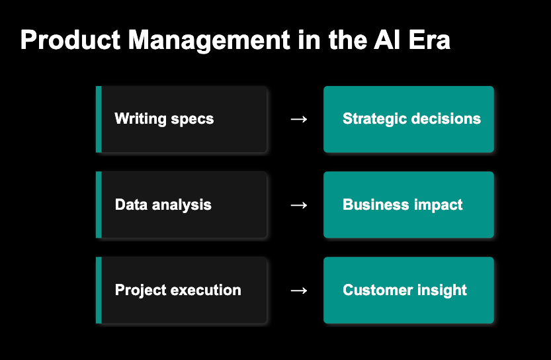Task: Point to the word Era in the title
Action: click(429, 40)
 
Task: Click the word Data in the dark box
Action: click(130, 204)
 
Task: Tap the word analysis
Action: click(181, 204)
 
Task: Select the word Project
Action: click(140, 290)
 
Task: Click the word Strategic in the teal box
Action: click(375, 119)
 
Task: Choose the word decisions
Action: click(446, 119)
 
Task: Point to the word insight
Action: click(442, 290)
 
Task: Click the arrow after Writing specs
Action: click(299, 119)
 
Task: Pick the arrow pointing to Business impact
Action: click(299, 204)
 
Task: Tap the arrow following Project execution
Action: click(299, 290)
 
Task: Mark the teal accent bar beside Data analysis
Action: click(99, 204)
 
